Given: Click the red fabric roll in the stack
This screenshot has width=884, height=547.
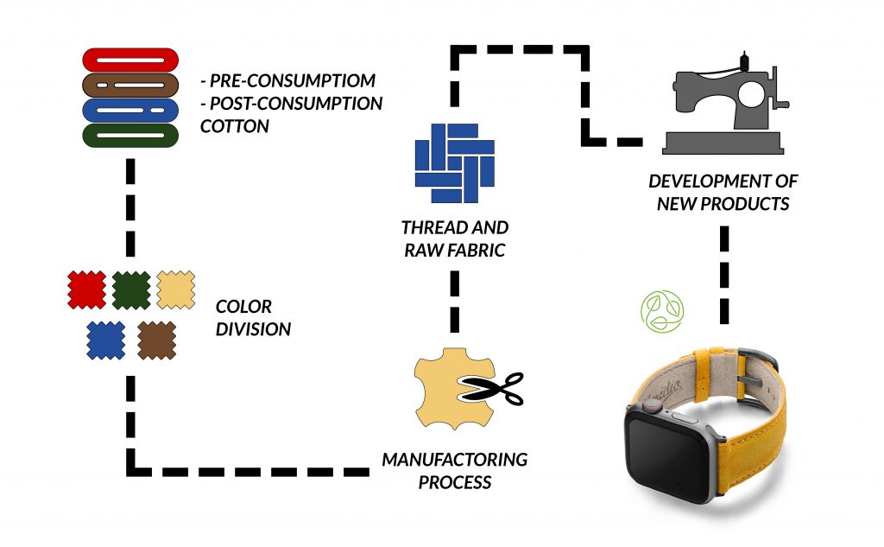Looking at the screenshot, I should (x=129, y=60).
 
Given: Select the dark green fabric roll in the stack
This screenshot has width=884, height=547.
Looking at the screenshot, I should (x=129, y=136).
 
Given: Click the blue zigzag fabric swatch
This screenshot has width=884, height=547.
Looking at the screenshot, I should (x=105, y=340).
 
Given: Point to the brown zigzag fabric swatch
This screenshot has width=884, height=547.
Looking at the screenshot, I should (x=156, y=340).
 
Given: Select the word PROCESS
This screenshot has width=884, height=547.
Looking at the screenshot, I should (x=455, y=481).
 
